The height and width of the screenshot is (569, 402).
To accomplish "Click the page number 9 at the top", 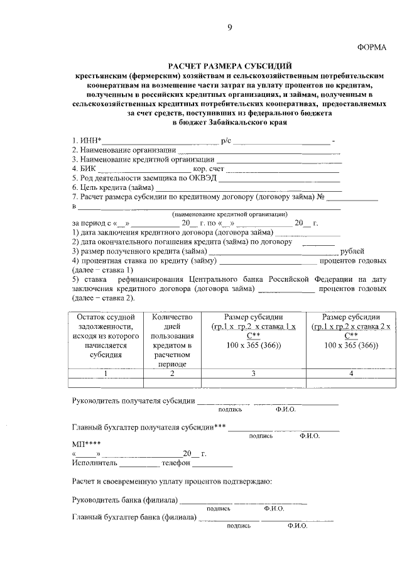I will click(229, 26).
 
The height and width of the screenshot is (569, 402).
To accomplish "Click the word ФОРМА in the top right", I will click(372, 47).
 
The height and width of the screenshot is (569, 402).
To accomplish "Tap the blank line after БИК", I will click(144, 168).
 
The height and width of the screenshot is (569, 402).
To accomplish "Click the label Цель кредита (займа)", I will click(112, 187).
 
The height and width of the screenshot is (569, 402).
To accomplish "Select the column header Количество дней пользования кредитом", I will click(171, 340).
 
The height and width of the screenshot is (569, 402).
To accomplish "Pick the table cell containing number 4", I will click(351, 373).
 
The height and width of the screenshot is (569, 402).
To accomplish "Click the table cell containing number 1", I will click(106, 373).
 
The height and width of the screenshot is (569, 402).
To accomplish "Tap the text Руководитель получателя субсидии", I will click(132, 401).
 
